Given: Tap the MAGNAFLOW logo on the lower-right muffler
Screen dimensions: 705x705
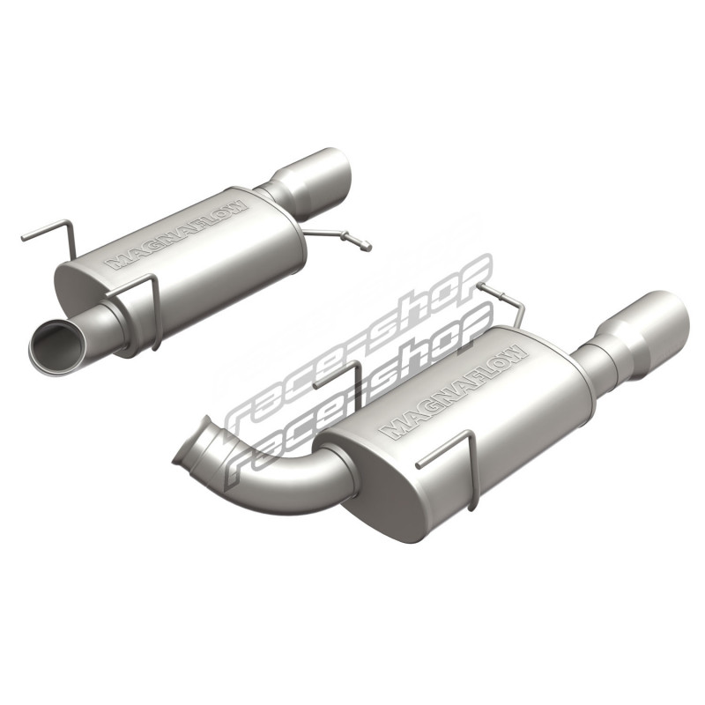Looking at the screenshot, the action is point(453,391).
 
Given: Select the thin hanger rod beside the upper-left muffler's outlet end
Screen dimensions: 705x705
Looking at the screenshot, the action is point(338,238).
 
